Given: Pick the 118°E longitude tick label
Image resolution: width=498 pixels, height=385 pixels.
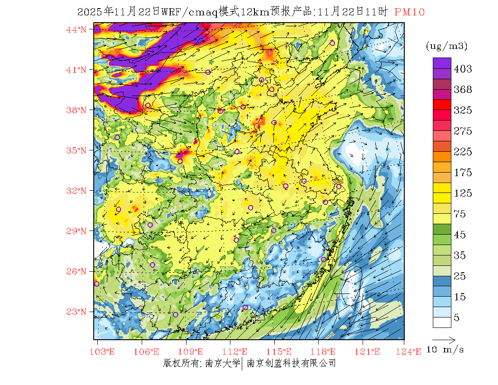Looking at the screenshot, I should point(326,351).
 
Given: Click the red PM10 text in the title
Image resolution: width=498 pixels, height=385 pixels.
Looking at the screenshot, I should point(410,12).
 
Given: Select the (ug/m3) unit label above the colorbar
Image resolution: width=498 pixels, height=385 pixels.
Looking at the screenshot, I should point(446,46).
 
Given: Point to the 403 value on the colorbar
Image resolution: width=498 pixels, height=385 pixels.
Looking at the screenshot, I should point(463,69).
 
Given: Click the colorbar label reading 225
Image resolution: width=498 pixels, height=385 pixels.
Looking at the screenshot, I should point(463,152).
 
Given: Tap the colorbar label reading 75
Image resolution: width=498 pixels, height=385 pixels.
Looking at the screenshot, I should point(460,214).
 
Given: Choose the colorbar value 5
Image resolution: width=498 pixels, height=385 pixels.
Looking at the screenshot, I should point(457,318).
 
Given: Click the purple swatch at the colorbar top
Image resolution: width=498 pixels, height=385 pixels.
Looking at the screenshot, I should point(442,63).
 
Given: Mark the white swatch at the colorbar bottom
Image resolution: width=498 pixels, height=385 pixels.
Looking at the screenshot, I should point(442,322).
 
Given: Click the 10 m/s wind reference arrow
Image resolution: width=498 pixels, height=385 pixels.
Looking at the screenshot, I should point(444,339).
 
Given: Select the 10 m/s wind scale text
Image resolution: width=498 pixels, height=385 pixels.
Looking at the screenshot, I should point(445,350).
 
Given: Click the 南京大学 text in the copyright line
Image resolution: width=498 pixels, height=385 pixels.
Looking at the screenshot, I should point(222,363).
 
